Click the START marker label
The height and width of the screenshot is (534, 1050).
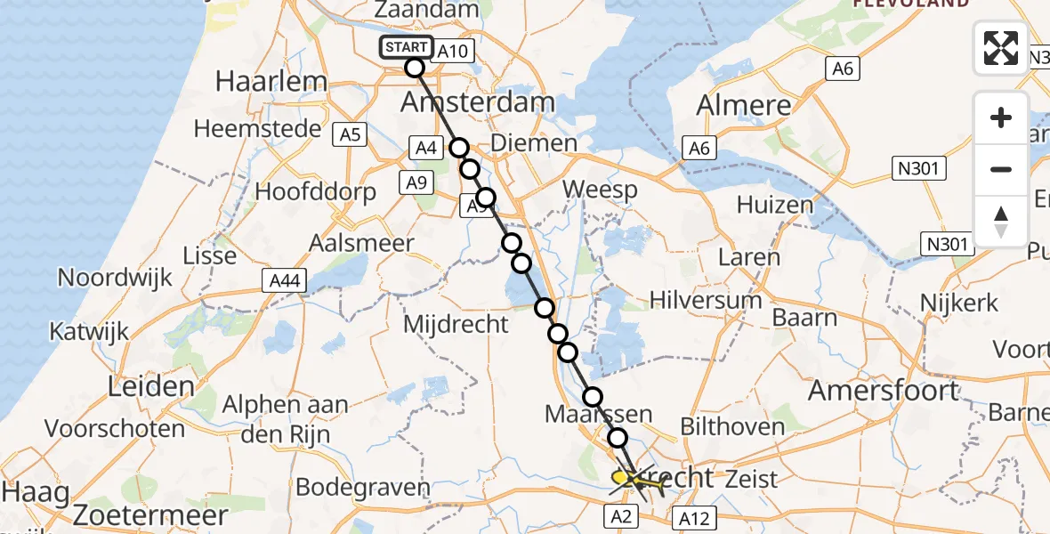coord(407,47)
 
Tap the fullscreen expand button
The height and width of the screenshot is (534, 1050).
coord(1001,48)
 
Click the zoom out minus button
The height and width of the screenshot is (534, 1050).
coord(1001,169)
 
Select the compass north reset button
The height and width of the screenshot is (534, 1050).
coord(1001,221)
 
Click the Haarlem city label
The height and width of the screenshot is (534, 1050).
coord(271,82)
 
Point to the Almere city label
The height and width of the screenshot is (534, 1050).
coord(744,105)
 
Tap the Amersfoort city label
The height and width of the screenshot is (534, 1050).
coord(884,390)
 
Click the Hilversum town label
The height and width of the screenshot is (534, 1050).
coord(706,300)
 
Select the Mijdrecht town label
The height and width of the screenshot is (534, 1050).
coord(455,323)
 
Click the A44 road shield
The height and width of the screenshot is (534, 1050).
coord(286,281)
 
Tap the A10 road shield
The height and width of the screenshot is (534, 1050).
coord(453,52)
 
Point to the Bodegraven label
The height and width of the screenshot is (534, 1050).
coord(362,488)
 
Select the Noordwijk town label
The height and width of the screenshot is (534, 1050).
coord(115,278)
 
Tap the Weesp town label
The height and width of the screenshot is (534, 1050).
coord(600,190)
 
